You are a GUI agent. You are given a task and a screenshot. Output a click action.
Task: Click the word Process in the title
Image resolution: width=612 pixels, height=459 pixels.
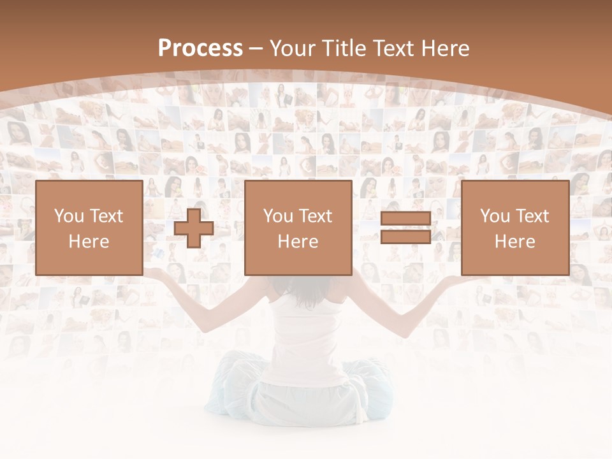coord(200,48)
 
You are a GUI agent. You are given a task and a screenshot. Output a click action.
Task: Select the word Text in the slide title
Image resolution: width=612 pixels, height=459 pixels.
coord(397,48)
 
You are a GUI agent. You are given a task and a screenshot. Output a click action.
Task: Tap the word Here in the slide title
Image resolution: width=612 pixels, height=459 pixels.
coord(446,48)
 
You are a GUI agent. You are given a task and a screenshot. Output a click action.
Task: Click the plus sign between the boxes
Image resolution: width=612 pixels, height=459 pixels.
coord(194,228)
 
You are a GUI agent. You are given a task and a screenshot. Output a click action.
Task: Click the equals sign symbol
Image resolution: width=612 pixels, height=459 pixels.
coord(405,228)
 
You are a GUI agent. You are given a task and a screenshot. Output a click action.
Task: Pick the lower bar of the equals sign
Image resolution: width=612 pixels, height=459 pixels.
coord(405,237)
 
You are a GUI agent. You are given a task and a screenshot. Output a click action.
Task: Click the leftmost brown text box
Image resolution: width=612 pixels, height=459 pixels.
coord(89,228)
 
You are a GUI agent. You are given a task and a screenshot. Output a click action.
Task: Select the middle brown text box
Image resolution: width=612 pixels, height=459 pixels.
coord(298,228)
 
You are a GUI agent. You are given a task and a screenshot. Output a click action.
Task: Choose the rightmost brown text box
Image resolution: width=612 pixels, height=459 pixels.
coord(514,228)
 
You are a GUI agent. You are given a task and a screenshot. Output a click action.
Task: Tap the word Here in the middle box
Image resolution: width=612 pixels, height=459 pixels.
coord(298,242)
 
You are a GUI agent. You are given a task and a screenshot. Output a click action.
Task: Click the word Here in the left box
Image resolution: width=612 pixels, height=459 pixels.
coord(89,242)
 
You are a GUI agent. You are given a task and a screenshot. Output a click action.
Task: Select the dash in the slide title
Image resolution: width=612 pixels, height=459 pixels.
coord(256,49)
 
